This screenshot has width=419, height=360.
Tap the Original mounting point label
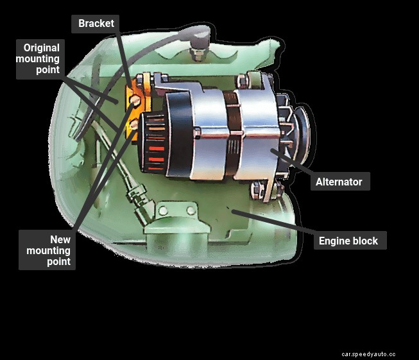pyautogui.click(x=40, y=59)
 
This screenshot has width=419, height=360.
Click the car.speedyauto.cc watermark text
pyautogui.click(x=368, y=354)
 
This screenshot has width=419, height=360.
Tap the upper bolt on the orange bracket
pyautogui.click(x=135, y=100)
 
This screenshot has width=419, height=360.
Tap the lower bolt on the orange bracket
pyautogui.click(x=133, y=124)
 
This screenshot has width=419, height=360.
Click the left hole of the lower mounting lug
pyautogui.click(x=163, y=211)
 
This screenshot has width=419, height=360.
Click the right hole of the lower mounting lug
pyautogui.click(x=191, y=210)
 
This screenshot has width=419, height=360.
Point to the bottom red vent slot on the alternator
pyautogui.click(x=155, y=168)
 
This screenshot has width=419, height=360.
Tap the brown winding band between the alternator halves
pyautogui.click(x=232, y=133)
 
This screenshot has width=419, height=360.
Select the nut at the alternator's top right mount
pyautogui.click(x=241, y=81)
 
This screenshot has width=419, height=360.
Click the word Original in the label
pyautogui.click(x=42, y=48)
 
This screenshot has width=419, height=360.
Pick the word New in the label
pyautogui.click(x=60, y=239)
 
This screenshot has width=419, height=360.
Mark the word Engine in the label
pyautogui.click(x=334, y=241)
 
